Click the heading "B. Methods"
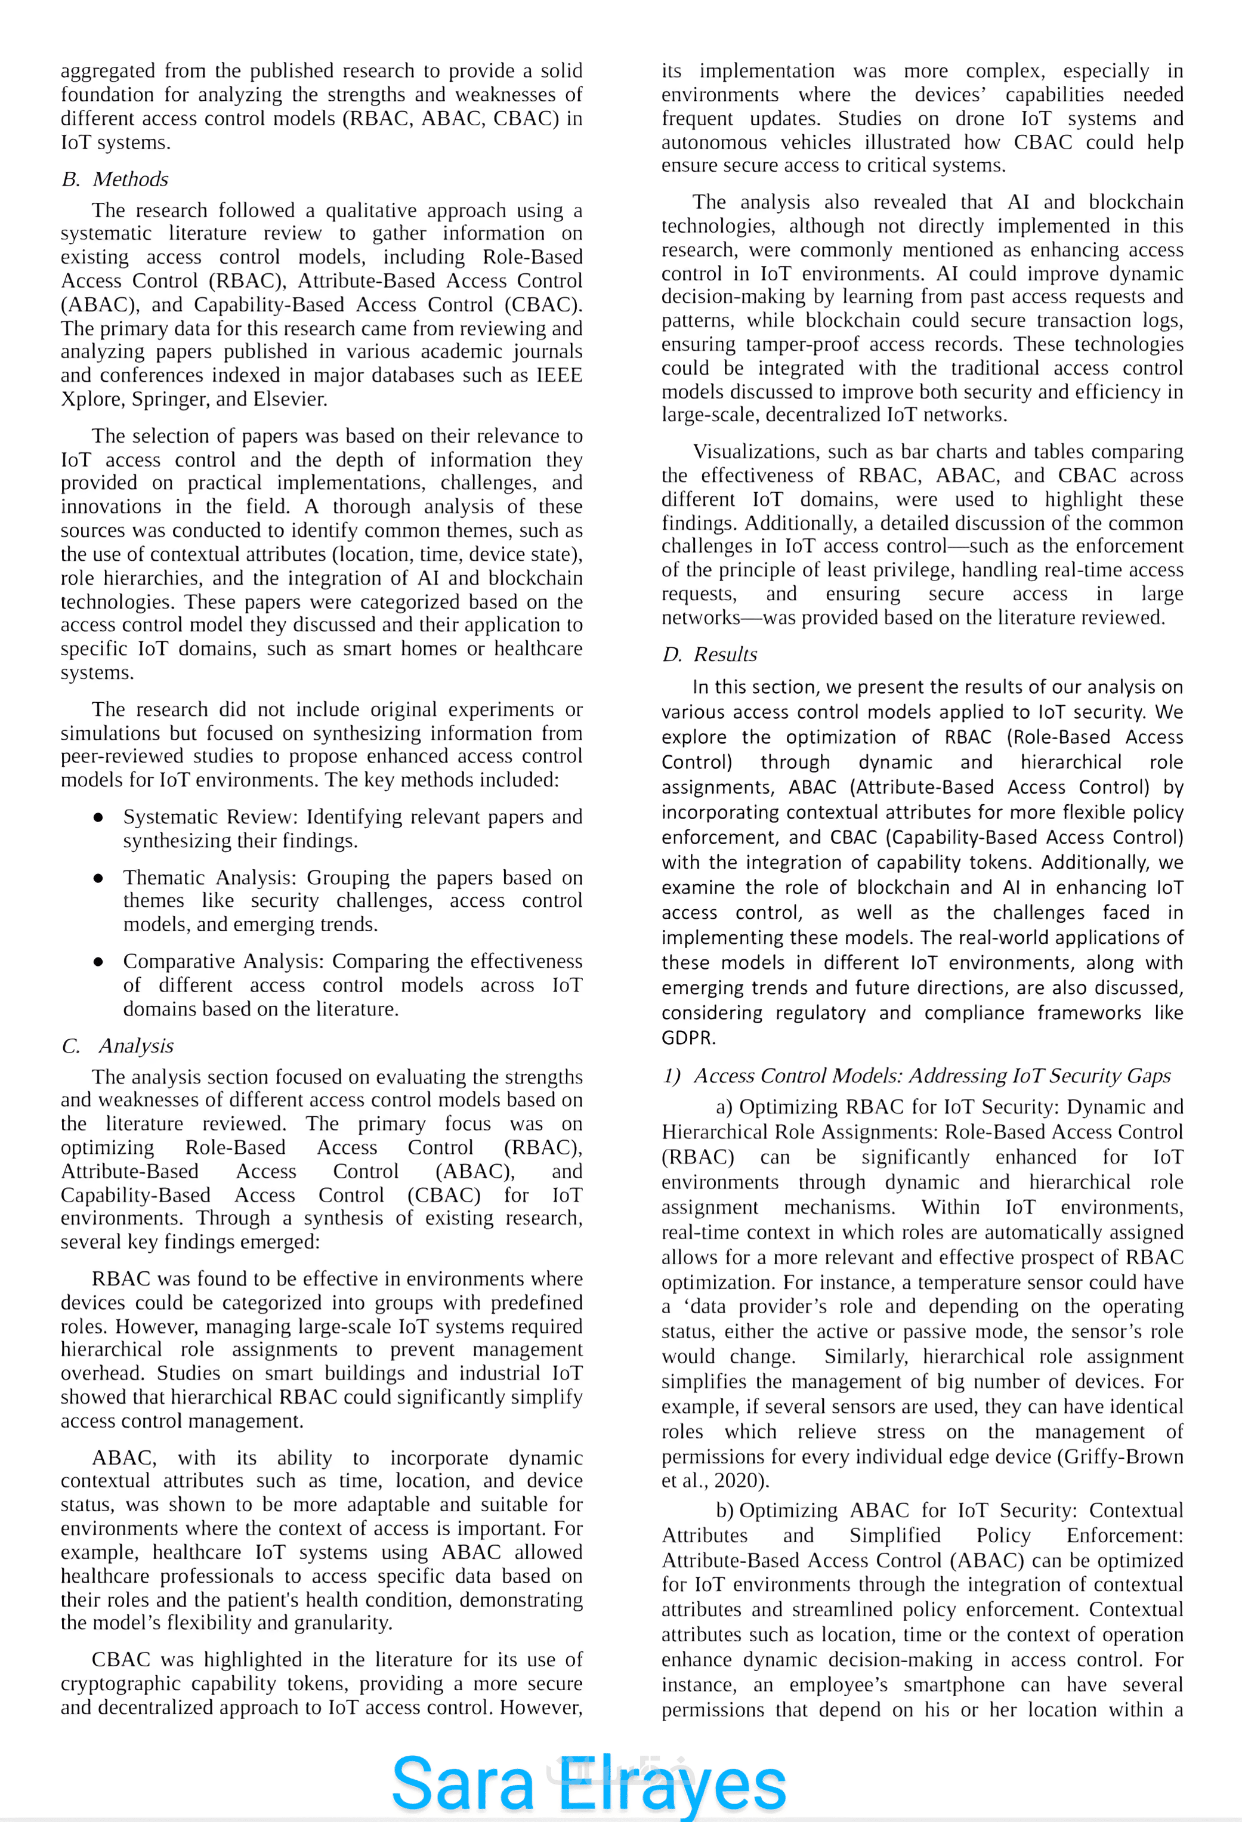(x=115, y=180)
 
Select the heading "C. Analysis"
(x=118, y=1046)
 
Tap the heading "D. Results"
(x=710, y=654)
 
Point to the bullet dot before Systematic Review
(x=98, y=817)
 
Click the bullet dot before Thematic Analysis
(x=98, y=878)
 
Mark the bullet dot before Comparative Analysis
(x=98, y=962)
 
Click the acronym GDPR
(x=688, y=1038)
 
